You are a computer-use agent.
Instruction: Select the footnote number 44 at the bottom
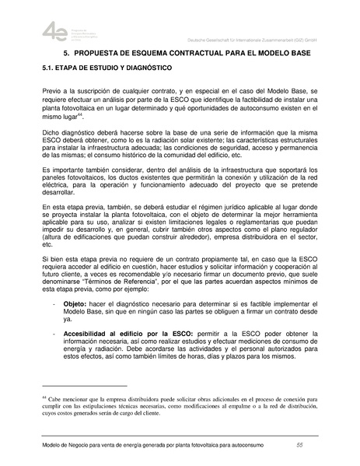44,397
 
